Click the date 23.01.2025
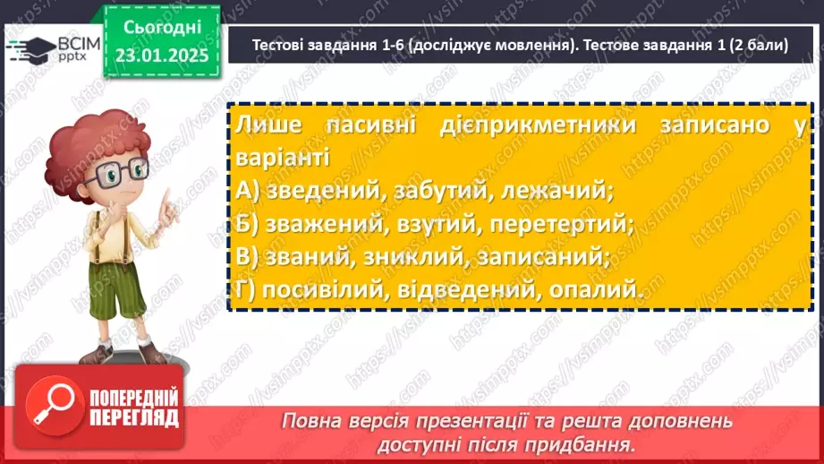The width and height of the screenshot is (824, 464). (x=161, y=56)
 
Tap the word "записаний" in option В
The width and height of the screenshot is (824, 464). (x=552, y=256)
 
